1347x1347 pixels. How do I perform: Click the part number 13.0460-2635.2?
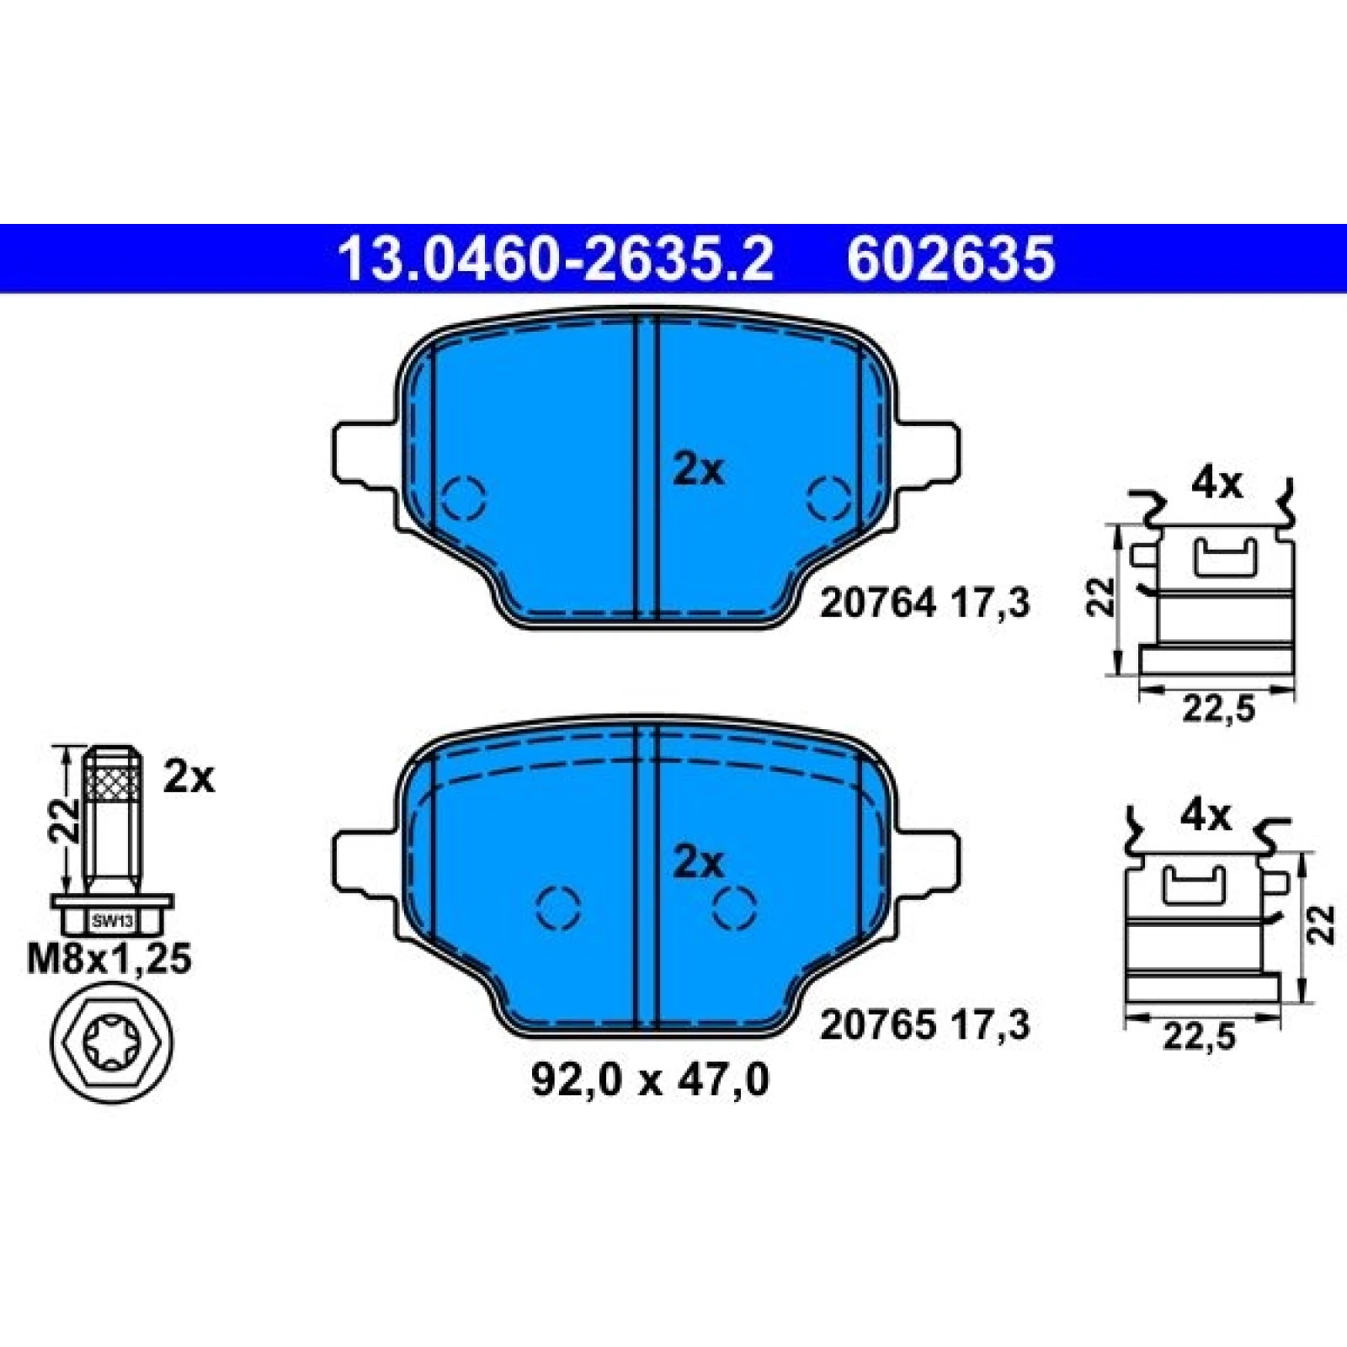[x=555, y=258]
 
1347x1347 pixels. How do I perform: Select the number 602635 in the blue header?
[x=950, y=258]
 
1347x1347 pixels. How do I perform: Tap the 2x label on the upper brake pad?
[x=698, y=471]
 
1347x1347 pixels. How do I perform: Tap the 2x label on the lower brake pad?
[x=698, y=862]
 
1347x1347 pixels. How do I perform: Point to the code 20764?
[x=878, y=603]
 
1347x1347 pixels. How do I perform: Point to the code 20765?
[x=878, y=1025]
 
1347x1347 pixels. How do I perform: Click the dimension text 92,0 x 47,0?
[x=649, y=1080]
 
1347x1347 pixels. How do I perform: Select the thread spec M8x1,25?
[x=109, y=959]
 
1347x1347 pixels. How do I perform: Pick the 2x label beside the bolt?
[x=189, y=778]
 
